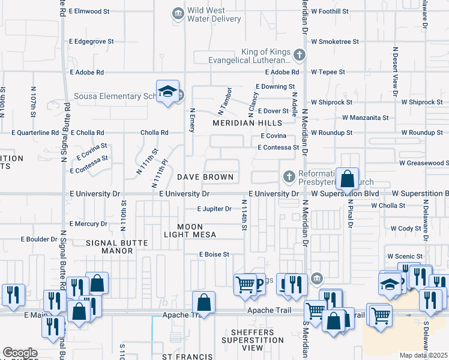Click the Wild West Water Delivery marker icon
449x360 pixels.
(178, 13)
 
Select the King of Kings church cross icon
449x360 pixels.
(299, 56)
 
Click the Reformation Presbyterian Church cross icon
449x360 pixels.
(289, 176)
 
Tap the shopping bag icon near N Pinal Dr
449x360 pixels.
(348, 179)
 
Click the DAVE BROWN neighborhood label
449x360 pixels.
(205, 178)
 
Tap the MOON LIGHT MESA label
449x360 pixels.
(190, 230)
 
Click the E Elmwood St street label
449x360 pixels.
(89, 11)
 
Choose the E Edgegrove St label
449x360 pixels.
(91, 41)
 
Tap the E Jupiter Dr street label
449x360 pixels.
(215, 209)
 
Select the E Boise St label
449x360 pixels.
(214, 254)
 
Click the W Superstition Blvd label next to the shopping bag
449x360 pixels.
(345, 194)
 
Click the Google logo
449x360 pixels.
(20, 352)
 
